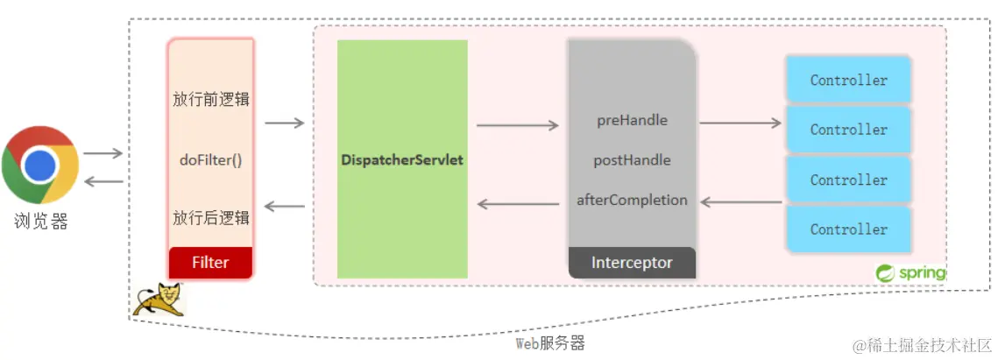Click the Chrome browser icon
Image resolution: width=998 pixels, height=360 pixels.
pos(40,164)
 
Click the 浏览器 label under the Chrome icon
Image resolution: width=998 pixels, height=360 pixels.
pos(40,221)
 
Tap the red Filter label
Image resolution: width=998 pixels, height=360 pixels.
pos(210,262)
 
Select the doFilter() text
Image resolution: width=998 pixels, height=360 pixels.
pos(210,160)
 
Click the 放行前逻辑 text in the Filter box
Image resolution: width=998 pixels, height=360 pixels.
pos(210,99)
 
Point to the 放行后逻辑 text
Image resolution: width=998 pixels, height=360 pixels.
pos(210,217)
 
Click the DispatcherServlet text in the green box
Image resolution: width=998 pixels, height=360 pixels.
pos(402,160)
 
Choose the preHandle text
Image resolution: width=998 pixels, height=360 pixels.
pos(632,120)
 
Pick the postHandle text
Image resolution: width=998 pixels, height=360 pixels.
pos(632,160)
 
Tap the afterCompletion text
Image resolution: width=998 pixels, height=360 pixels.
pos(632,200)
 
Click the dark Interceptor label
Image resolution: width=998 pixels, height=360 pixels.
pos(632,262)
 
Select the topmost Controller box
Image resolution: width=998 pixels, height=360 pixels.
pos(848,80)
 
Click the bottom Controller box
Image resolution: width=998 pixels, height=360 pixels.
pos(848,229)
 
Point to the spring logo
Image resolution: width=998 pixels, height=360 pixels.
pos(910,272)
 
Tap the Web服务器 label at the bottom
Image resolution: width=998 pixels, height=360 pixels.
pos(549,342)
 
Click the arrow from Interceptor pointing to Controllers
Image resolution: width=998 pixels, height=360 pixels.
pos(740,124)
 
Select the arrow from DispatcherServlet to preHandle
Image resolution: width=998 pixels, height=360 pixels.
pos(517,125)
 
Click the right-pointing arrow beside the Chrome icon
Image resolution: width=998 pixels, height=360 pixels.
pos(103,153)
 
